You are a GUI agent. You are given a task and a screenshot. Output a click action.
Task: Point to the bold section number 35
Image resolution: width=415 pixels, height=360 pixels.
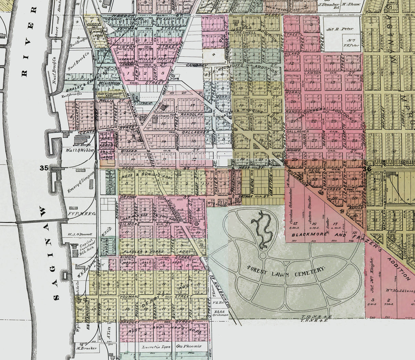(x=44, y=168)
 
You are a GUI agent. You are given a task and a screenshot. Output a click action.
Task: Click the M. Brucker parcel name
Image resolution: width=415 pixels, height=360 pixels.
(x=86, y=348)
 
